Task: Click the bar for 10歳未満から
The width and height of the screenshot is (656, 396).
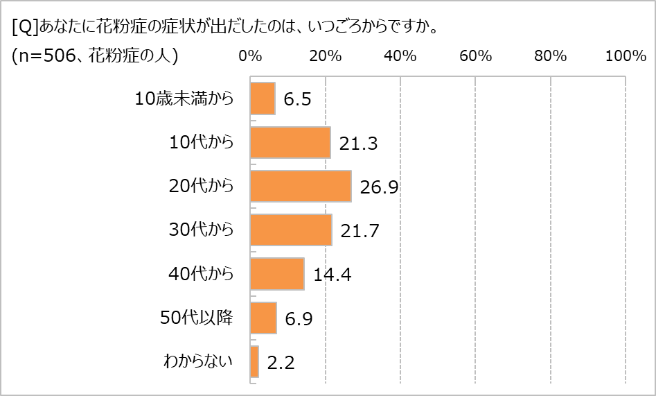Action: click(x=263, y=98)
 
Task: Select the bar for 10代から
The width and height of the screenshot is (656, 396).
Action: click(x=290, y=142)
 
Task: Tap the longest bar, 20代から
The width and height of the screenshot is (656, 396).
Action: click(x=301, y=186)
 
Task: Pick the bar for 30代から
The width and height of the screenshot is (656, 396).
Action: click(x=291, y=230)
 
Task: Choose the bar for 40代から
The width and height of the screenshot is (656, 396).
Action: click(x=277, y=274)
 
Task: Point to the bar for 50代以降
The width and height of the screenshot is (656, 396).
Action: click(x=263, y=318)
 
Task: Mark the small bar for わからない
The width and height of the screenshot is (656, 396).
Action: click(x=254, y=361)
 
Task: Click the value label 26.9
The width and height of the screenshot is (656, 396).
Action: click(x=378, y=187)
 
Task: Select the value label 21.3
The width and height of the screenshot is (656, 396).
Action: click(x=357, y=144)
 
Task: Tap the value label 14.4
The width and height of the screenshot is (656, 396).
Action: click(x=332, y=275)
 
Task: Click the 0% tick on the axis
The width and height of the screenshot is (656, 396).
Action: click(x=250, y=57)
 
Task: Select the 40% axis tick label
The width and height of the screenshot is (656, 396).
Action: click(x=400, y=57)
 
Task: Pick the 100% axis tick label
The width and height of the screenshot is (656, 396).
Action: click(x=625, y=57)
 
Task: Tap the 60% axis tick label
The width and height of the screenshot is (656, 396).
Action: click(x=475, y=57)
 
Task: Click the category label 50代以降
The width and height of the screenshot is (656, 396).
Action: click(x=202, y=318)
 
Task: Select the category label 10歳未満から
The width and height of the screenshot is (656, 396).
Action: click(x=184, y=98)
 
